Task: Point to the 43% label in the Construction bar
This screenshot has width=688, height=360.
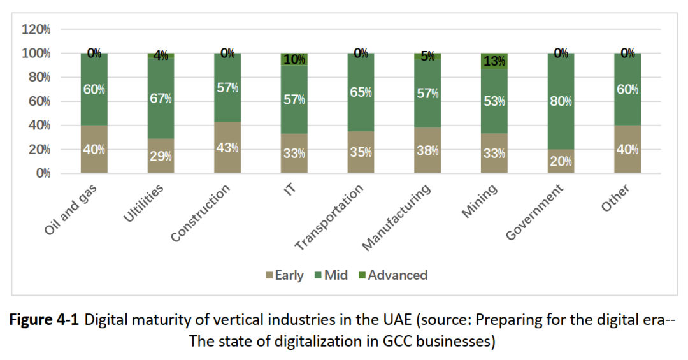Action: [227, 147]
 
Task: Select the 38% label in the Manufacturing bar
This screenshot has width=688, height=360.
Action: [427, 150]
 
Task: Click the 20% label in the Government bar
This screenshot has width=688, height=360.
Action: [561, 161]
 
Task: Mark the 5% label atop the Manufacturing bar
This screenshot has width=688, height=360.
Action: [427, 56]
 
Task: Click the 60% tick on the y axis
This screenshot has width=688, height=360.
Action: [39, 101]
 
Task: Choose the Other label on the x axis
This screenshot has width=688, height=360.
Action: [615, 199]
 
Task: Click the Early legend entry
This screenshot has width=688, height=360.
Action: [284, 275]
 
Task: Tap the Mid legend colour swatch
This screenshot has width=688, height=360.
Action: [318, 276]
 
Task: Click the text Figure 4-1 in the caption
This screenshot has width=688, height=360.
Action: [44, 320]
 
